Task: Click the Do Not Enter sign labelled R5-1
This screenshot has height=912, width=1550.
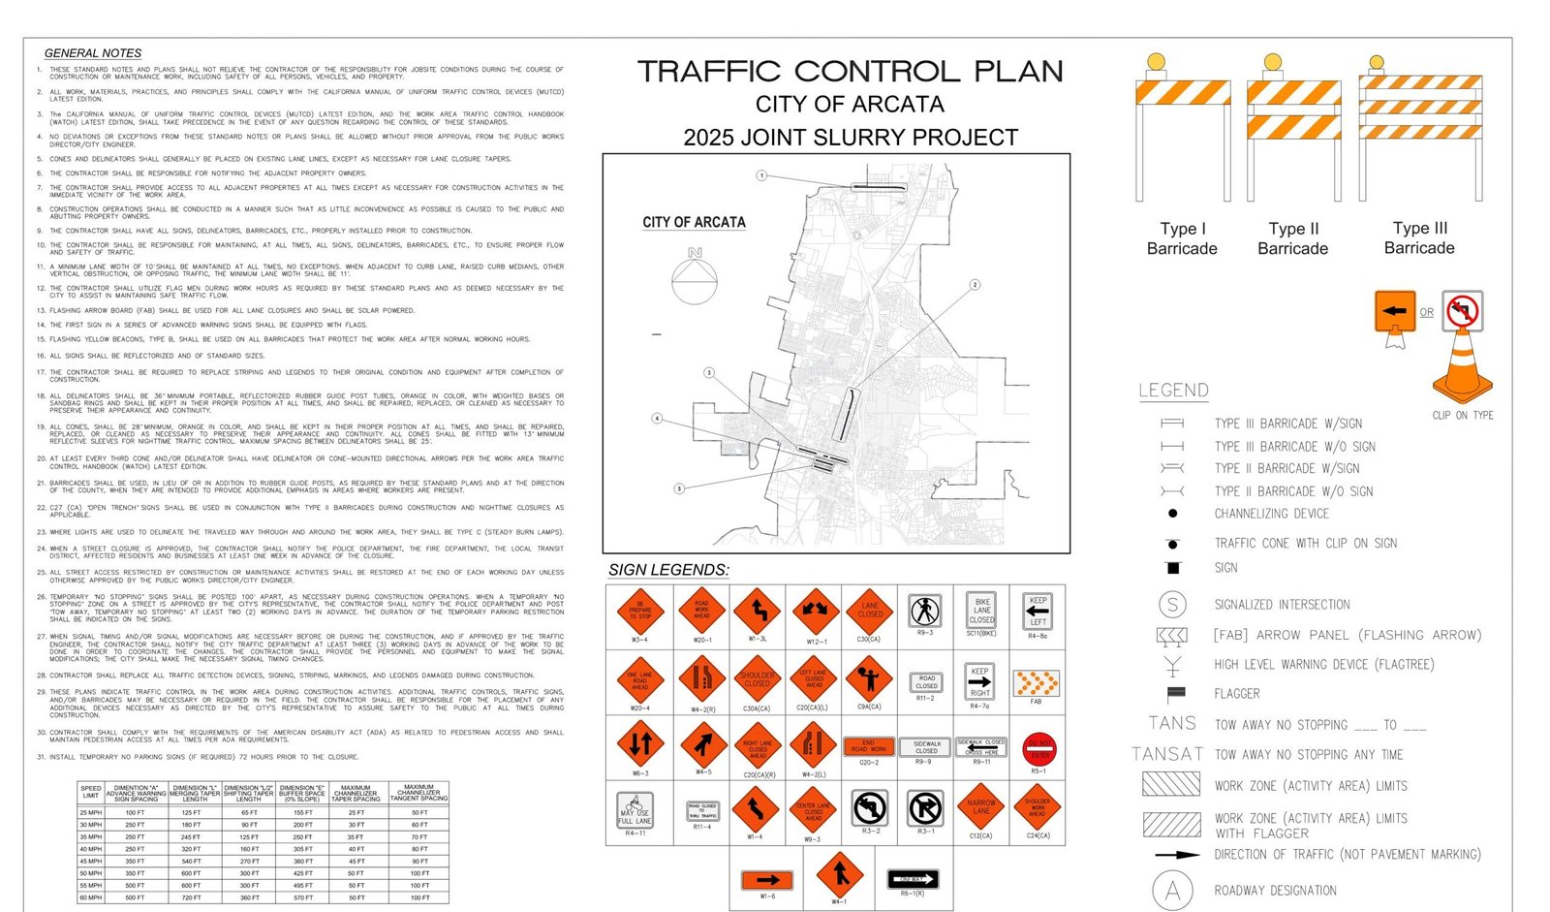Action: click(1038, 748)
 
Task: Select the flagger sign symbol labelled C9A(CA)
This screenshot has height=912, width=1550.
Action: click(869, 678)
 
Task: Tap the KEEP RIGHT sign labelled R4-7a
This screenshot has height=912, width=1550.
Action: click(980, 681)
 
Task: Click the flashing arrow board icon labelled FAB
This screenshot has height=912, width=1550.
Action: click(1037, 682)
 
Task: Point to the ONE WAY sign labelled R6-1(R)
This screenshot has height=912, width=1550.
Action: click(913, 879)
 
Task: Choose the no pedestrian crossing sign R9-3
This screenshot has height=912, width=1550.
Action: click(925, 611)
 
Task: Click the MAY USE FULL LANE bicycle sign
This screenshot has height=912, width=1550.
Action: click(635, 810)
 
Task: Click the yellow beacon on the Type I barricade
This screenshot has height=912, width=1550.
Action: click(1155, 63)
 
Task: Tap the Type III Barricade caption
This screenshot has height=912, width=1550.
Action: click(1419, 238)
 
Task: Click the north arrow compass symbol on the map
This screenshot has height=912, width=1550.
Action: click(695, 275)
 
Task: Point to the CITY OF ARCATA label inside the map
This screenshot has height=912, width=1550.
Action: click(694, 222)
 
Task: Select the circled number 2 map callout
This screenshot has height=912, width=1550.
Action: click(975, 284)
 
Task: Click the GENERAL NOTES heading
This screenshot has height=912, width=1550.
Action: click(93, 53)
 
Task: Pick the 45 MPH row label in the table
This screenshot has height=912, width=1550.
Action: click(90, 861)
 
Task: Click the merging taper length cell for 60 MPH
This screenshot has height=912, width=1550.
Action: click(191, 897)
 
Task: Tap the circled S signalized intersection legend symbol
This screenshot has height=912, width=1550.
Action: click(1172, 605)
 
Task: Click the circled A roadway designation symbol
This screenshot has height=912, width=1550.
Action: click(1172, 891)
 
